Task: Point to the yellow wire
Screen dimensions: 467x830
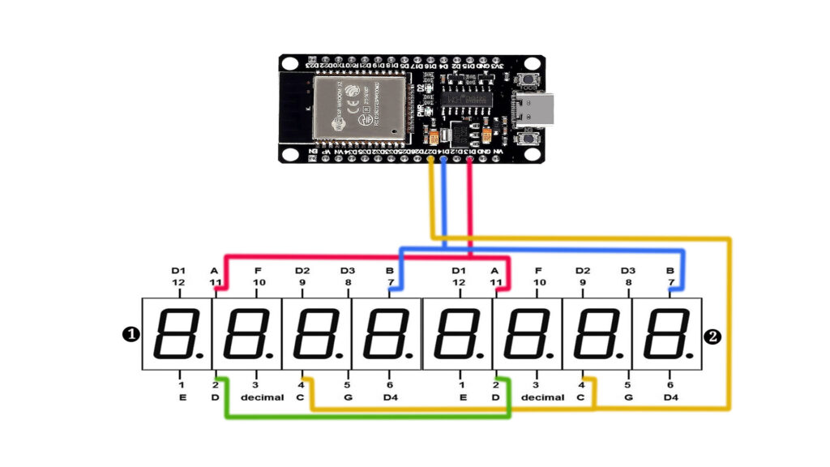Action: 729,324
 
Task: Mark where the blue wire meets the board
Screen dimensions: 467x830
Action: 443,160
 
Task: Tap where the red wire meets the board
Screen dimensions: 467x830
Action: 469,160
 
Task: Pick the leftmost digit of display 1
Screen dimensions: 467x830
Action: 177,334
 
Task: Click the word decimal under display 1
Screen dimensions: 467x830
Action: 262,397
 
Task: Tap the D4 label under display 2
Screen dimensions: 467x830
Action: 670,397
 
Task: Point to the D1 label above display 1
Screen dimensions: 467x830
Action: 178,270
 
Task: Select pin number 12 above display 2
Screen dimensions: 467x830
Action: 459,282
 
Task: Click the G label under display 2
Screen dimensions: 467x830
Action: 627,397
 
